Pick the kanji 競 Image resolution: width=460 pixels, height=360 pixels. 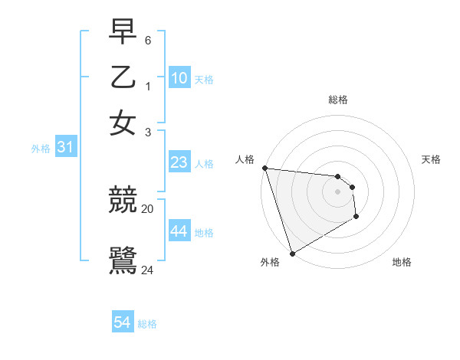pyautogui.click(x=123, y=201)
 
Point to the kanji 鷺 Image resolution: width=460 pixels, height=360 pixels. pyautogui.click(x=123, y=260)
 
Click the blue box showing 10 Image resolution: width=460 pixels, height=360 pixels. pyautogui.click(x=179, y=78)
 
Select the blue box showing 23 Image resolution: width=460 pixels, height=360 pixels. pyautogui.click(x=179, y=162)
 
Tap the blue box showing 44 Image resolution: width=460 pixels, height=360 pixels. pyautogui.click(x=179, y=231)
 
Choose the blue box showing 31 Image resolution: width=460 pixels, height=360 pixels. pyautogui.click(x=64, y=148)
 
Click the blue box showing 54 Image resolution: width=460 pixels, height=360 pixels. pyautogui.click(x=122, y=322)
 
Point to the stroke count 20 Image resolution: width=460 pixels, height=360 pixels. pyautogui.click(x=148, y=208)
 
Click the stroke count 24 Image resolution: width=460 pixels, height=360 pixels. pyautogui.click(x=148, y=269)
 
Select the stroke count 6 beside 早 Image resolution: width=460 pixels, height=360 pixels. pyautogui.click(x=148, y=39)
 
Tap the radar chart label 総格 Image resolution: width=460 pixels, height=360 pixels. pyautogui.click(x=337, y=100)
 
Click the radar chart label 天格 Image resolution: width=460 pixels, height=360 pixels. pyautogui.click(x=431, y=159)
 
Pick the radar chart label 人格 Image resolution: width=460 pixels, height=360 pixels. pyautogui.click(x=245, y=159)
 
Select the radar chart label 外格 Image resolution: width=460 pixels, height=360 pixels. pyautogui.click(x=269, y=263)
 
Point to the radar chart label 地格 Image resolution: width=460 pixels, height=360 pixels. pyautogui.click(x=402, y=263)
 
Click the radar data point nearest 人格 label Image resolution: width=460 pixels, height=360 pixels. pyautogui.click(x=264, y=168)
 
